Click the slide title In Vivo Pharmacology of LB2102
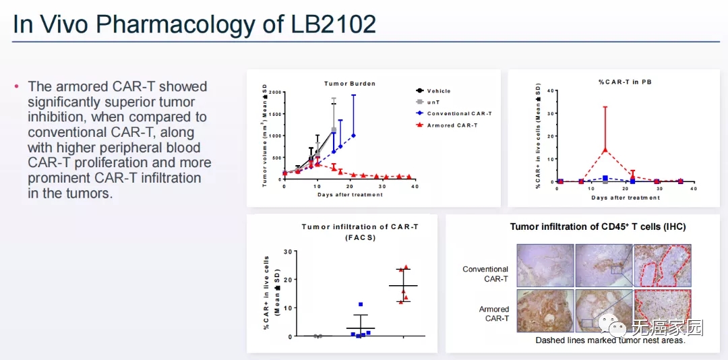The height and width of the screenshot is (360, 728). pyautogui.click(x=195, y=24)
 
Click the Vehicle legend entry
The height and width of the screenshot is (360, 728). pyautogui.click(x=438, y=91)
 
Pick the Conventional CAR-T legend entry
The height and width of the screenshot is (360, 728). pyautogui.click(x=458, y=114)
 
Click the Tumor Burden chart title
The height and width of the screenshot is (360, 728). pyautogui.click(x=349, y=84)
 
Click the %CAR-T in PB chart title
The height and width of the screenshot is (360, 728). pyautogui.click(x=625, y=82)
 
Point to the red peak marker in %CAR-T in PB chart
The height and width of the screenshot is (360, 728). pyautogui.click(x=605, y=150)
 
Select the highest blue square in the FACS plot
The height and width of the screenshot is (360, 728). pyautogui.click(x=361, y=305)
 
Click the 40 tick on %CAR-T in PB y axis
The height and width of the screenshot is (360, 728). pyautogui.click(x=550, y=91)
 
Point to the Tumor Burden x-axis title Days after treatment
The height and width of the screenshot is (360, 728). pyautogui.click(x=350, y=195)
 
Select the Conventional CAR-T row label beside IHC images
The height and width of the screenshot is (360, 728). pyautogui.click(x=485, y=274)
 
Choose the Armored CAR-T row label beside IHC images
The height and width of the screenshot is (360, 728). pyautogui.click(x=494, y=313)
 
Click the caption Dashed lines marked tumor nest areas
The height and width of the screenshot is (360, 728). pyautogui.click(x=610, y=340)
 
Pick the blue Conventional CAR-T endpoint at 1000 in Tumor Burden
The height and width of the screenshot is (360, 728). pyautogui.click(x=353, y=136)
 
